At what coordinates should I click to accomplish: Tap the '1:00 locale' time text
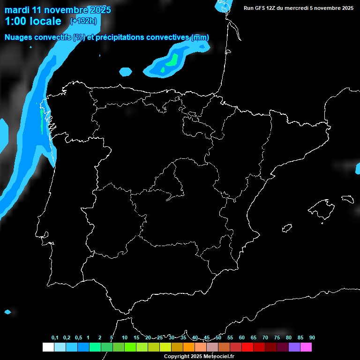click(x=33, y=21)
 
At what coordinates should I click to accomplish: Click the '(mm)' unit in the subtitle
click(x=200, y=37)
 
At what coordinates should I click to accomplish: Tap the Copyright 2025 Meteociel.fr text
click(x=199, y=357)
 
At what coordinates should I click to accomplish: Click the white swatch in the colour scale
click(x=48, y=347)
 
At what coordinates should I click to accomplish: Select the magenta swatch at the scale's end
click(x=306, y=347)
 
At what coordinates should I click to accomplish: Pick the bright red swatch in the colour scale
click(x=247, y=347)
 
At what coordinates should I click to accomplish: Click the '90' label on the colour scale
click(x=312, y=337)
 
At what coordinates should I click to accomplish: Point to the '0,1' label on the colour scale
click(x=55, y=337)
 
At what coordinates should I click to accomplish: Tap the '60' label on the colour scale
click(x=242, y=337)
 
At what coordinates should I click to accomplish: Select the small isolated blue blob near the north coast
click(x=126, y=72)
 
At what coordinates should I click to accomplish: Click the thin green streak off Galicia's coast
click(x=42, y=121)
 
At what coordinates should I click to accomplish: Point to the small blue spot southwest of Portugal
click(x=7, y=312)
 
